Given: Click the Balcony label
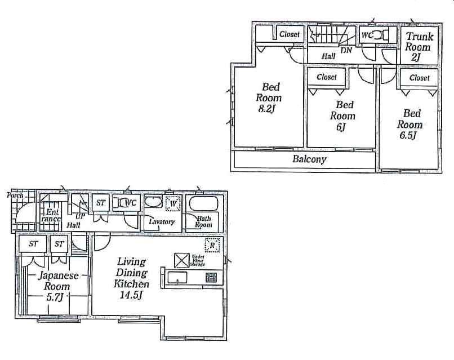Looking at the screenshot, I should [x=309, y=159].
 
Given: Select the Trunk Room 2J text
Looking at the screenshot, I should [x=418, y=47].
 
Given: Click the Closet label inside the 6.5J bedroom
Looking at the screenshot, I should [x=419, y=78].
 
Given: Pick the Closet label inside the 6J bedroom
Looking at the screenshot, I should [x=327, y=77].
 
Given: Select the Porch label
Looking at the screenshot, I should [x=15, y=195].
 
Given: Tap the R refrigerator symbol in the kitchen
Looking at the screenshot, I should [x=212, y=245].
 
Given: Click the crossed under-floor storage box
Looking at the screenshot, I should [x=182, y=260].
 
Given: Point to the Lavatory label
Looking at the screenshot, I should [x=162, y=222].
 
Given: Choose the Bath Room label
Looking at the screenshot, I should [x=203, y=221].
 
